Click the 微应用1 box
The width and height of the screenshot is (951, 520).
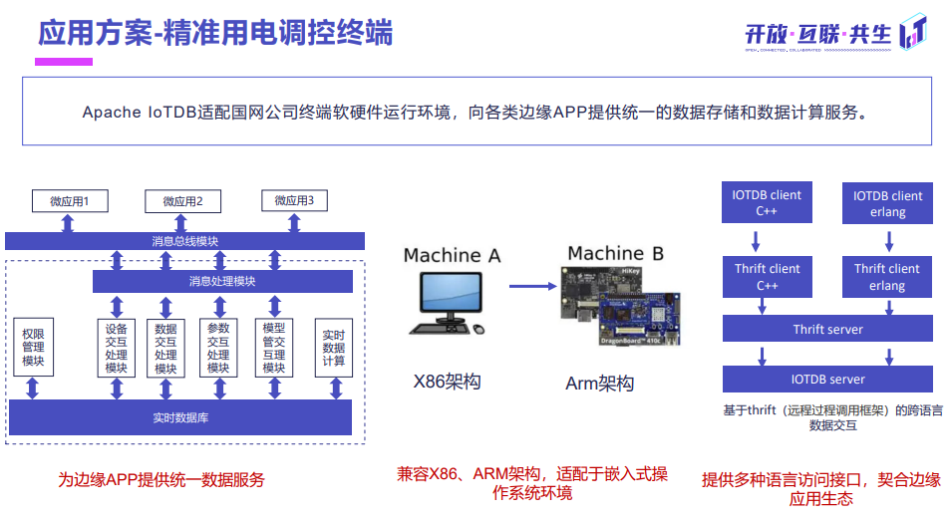tap(69, 201)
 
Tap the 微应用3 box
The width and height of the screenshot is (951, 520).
tap(294, 201)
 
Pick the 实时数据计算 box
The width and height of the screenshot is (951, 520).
tap(334, 348)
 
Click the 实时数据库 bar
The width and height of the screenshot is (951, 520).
tap(179, 417)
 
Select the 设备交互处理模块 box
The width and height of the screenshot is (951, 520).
tap(116, 348)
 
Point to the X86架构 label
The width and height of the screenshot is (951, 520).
tap(449, 381)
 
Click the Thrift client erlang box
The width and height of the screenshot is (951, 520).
tap(886, 277)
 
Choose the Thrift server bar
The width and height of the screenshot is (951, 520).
tap(827, 330)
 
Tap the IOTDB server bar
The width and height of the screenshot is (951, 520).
tap(827, 380)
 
